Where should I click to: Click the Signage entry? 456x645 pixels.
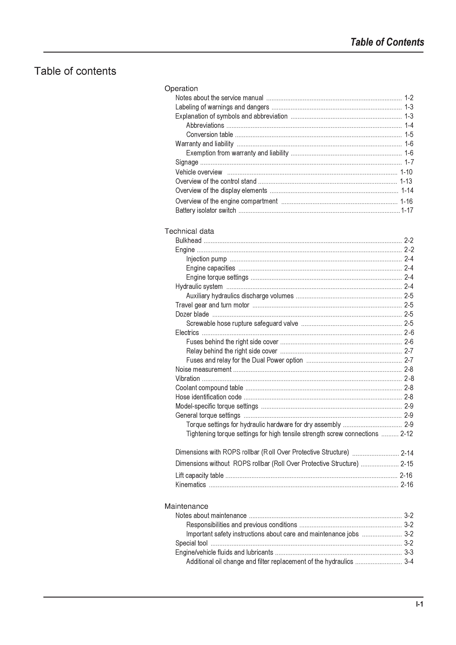point(187,162)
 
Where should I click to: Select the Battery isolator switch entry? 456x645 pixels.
point(206,210)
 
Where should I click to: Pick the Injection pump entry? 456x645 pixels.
point(206,259)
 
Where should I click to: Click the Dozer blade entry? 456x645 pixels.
point(192,314)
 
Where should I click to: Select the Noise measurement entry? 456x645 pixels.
point(203,369)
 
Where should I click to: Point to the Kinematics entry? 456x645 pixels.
point(190,485)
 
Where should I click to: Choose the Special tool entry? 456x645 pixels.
point(191,543)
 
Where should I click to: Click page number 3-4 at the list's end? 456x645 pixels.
point(409,562)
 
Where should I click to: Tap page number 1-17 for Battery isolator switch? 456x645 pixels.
point(407,210)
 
